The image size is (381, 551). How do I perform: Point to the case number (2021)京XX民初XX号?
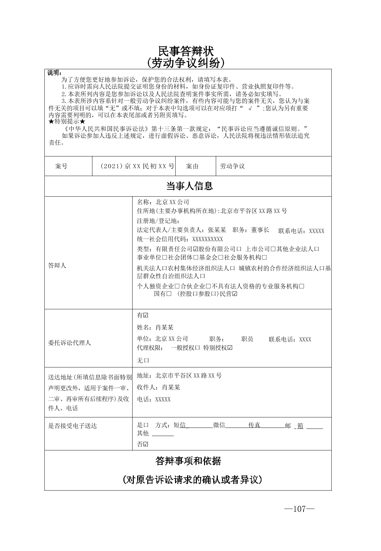[x=137, y=166]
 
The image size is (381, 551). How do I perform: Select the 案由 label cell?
[x=192, y=166]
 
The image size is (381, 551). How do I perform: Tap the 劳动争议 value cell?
[x=232, y=166]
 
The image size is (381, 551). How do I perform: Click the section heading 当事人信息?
[x=189, y=186]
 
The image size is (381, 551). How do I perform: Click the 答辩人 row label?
[x=57, y=266]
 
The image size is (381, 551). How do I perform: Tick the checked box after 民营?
[x=235, y=294]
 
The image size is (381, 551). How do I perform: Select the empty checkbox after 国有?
[x=169, y=294]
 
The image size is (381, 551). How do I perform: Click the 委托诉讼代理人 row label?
[x=70, y=343]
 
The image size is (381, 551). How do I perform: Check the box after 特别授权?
[x=230, y=348]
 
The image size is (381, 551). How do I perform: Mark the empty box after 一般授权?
[x=197, y=348]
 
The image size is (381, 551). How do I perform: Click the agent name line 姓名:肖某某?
[x=155, y=327]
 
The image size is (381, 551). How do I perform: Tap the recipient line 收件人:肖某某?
[x=158, y=387]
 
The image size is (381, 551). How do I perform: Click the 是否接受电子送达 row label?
[x=72, y=426]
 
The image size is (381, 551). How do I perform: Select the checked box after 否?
[x=146, y=444]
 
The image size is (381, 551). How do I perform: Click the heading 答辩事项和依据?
[x=188, y=461]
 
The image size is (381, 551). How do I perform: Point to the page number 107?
[x=299, y=509]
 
